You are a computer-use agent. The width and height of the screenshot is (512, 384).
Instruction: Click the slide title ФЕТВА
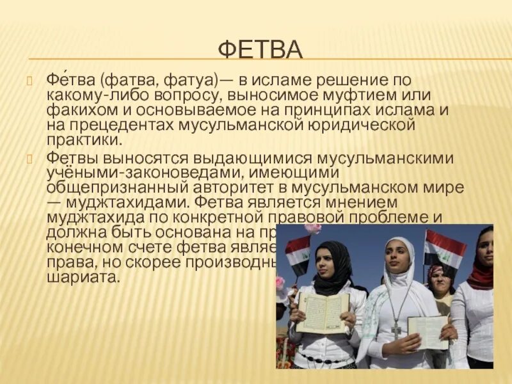click(260, 49)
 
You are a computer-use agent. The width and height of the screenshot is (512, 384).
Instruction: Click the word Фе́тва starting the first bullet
click(70, 81)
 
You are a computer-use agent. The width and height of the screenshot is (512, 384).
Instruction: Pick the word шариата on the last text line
click(83, 278)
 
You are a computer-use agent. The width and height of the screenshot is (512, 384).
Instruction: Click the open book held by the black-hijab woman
click(323, 312)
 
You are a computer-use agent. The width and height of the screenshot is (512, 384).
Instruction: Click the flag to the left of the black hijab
click(297, 254)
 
